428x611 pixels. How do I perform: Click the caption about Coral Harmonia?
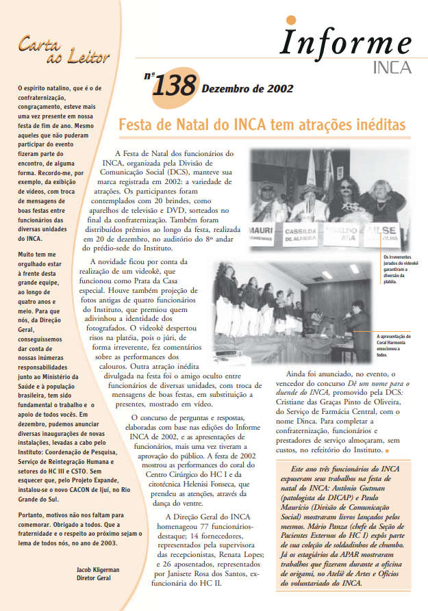point(392,346)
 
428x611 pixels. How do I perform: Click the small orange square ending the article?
point(387,451)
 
